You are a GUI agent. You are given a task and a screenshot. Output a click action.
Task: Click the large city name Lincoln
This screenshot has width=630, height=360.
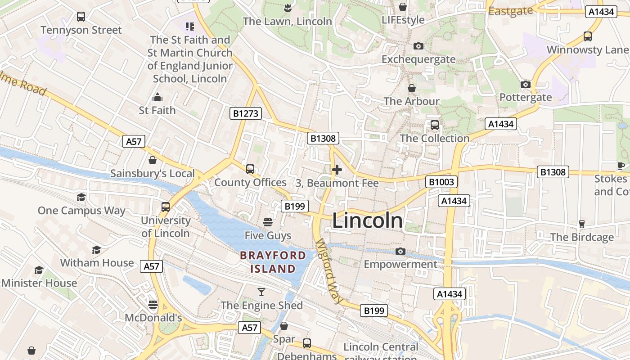[x=367, y=220]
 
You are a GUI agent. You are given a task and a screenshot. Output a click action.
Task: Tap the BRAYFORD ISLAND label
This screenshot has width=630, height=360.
[x=273, y=262]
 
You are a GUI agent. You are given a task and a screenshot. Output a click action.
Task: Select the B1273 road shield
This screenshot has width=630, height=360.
[x=246, y=113]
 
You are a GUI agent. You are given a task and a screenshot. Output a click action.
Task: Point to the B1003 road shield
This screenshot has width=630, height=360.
[x=441, y=182]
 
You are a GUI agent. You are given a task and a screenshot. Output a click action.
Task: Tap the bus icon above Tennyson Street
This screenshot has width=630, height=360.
[x=81, y=17]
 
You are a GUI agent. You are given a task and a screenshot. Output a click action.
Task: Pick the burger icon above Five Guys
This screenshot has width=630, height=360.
[x=268, y=222]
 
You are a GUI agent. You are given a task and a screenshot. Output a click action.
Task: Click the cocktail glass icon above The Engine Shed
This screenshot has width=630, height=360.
[x=261, y=292]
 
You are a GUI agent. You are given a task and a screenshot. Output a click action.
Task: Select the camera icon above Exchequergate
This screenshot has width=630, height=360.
[x=418, y=46]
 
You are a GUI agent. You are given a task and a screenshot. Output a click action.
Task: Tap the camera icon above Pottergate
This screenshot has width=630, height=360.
[x=525, y=84]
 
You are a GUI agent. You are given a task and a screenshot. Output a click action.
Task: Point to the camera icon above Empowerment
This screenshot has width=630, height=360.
[x=400, y=251]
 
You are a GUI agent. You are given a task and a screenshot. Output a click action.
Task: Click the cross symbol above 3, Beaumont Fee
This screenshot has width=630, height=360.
[x=337, y=170]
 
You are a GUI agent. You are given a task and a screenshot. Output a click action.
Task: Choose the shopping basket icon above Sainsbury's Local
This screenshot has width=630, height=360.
[x=153, y=160]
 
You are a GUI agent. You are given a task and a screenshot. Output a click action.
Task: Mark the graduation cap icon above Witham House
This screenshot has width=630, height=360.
[x=97, y=250]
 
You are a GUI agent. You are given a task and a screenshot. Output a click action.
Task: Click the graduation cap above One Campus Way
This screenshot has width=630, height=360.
[x=81, y=197]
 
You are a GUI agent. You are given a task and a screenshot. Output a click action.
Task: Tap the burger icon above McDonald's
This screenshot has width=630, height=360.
[x=153, y=305]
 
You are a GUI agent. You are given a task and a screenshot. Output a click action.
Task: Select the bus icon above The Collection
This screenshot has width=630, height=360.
[x=434, y=125]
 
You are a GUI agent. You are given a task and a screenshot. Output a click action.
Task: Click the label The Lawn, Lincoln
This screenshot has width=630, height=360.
[x=287, y=21]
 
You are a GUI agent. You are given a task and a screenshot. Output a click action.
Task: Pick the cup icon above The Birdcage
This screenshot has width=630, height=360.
[x=581, y=224]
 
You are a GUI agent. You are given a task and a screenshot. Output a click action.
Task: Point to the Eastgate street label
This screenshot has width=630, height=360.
[x=510, y=11]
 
